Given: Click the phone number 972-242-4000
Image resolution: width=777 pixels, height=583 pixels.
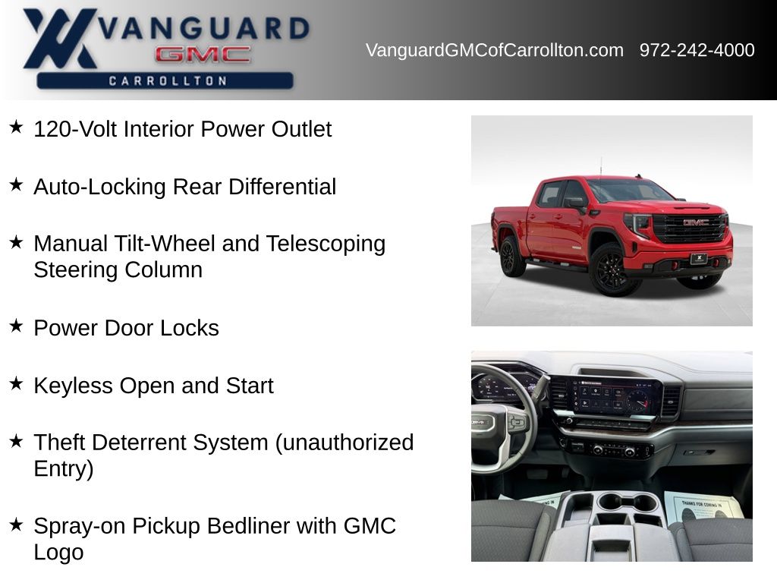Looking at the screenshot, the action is pyautogui.click(x=697, y=50).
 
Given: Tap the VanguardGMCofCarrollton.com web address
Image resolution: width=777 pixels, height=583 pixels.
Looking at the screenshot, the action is pyautogui.click(x=495, y=50).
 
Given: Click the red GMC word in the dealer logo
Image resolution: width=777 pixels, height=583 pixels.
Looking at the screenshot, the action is pyautogui.click(x=203, y=55).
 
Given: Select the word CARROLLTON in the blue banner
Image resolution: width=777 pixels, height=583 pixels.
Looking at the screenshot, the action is pyautogui.click(x=168, y=80).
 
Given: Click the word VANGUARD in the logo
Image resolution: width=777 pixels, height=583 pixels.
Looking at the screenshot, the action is pyautogui.click(x=204, y=28).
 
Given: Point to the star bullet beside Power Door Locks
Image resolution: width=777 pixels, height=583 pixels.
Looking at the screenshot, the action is pyautogui.click(x=16, y=326).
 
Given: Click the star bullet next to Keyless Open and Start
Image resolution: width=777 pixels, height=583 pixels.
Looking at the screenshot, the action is pyautogui.click(x=16, y=383).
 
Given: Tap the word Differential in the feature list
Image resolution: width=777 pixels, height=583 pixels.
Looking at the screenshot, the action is pyautogui.click(x=282, y=187).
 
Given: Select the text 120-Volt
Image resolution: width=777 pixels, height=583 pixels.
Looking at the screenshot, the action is pyautogui.click(x=76, y=129).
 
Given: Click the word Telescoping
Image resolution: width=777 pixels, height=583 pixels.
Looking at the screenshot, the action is pyautogui.click(x=326, y=244).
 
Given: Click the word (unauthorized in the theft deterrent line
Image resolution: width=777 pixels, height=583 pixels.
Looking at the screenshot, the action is pyautogui.click(x=344, y=443).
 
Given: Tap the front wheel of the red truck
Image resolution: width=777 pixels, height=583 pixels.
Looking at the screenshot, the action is pyautogui.click(x=612, y=270).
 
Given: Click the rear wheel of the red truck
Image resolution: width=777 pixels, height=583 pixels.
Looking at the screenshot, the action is pyautogui.click(x=511, y=257).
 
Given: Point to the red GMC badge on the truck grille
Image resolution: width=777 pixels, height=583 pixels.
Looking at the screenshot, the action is pyautogui.click(x=696, y=222).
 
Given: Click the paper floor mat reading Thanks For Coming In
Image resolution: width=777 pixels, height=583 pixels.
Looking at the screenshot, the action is pyautogui.click(x=703, y=508).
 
